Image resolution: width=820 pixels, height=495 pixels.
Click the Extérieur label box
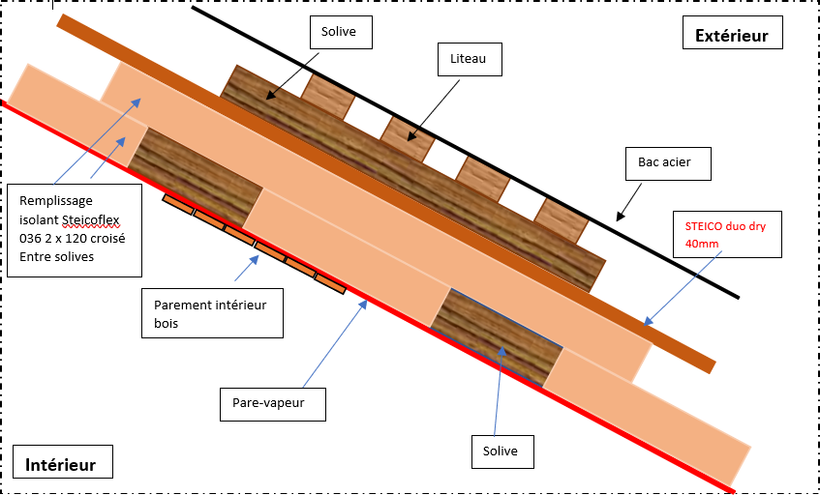pyautogui.click(x=732, y=36)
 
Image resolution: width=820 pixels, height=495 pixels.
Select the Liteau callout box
pyautogui.click(x=469, y=59)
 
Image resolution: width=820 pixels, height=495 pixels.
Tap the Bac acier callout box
pyautogui.click(x=665, y=161)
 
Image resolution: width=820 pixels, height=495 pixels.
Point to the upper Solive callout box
pyautogui.click(x=339, y=32)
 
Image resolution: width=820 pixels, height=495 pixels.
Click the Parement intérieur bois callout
pyautogui.click(x=210, y=312)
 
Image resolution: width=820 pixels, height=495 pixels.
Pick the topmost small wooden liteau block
pyautogui.click(x=326, y=95)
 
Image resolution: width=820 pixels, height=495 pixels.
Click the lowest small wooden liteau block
pyautogui.click(x=562, y=220)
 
